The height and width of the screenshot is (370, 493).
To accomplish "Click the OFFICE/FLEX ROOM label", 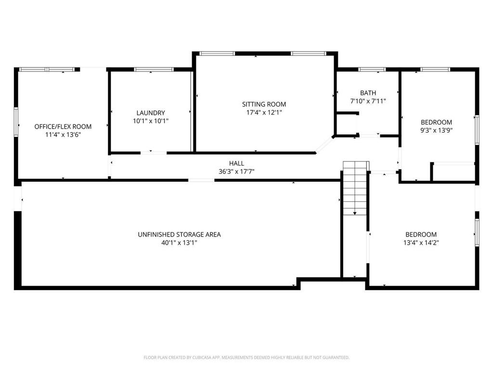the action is (63, 127).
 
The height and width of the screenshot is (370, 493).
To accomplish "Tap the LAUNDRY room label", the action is (151, 113).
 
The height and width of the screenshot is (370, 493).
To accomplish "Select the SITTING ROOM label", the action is (264, 104).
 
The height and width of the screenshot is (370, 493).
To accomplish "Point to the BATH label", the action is (368, 93).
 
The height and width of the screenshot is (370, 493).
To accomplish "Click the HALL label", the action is (236, 163).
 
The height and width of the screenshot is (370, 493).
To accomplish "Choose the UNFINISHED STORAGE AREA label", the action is (179, 235).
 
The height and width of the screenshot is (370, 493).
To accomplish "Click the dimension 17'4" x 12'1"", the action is (264, 112).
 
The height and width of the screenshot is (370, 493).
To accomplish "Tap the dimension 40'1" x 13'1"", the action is (179, 243).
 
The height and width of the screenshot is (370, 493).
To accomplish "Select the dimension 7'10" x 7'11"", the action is (368, 101).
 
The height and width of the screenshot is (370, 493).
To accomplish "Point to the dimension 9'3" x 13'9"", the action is (436, 130).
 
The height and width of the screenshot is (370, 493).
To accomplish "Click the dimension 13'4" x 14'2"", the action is (421, 243).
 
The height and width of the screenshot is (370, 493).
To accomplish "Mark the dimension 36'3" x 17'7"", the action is (236, 172).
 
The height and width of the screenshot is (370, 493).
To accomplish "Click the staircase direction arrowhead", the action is (355, 213).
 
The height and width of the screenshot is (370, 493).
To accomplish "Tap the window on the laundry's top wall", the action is (154, 69).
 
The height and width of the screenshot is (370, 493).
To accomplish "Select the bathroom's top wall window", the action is (372, 69).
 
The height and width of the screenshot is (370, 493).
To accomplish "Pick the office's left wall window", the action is (16, 122).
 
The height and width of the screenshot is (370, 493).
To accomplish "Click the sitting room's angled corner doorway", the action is (324, 145).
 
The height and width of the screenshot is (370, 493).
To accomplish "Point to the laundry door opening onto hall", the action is (154, 153).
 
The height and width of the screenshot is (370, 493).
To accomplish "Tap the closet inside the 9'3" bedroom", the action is (454, 172).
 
